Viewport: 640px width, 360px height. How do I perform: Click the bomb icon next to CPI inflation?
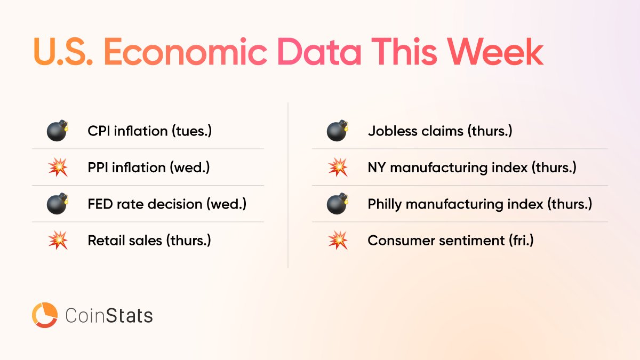tap(58, 131)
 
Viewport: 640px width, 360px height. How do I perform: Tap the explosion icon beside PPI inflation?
tap(58, 167)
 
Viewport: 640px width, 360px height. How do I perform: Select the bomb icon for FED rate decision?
tap(58, 203)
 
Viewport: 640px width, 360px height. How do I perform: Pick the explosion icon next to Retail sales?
tap(58, 241)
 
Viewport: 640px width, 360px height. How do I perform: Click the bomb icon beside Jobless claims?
tap(338, 131)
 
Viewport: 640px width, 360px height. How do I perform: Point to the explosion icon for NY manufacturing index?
tap(338, 167)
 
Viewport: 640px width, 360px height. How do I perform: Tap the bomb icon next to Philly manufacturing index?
tap(338, 203)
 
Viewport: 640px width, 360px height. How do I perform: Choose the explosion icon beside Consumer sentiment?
tap(338, 241)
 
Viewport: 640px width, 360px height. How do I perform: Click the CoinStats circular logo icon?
tap(45, 315)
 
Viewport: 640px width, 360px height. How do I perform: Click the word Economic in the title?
tap(185, 52)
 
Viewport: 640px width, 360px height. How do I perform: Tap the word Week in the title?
tap(495, 52)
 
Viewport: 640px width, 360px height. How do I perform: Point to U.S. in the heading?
tap(63, 52)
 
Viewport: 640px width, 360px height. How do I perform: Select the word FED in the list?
tap(100, 204)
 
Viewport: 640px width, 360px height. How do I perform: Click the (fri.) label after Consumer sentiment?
tap(521, 241)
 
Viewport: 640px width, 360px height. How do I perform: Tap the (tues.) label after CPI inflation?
tap(191, 131)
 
